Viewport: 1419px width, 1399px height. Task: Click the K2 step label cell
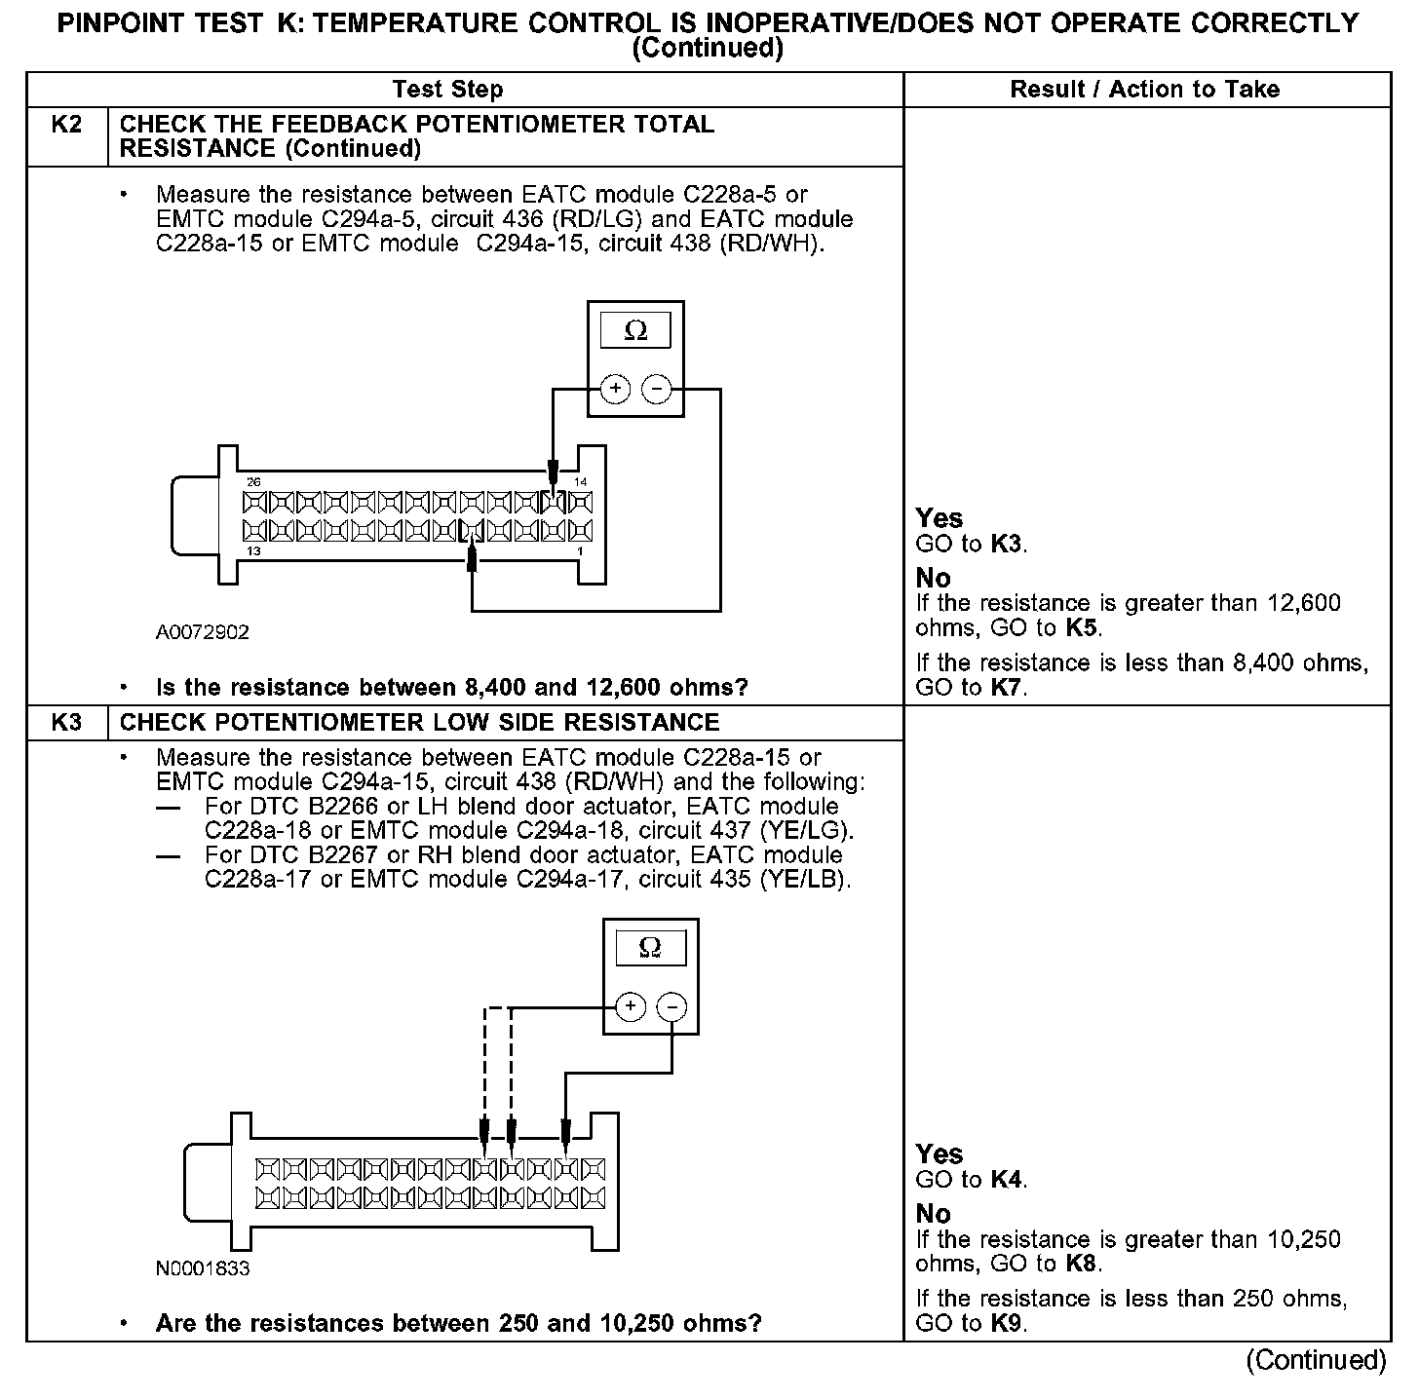pos(66,126)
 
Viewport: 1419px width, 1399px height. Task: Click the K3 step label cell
pos(66,723)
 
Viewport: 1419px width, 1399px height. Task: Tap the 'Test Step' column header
pos(447,90)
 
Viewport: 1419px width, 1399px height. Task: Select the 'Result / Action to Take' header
pos(1144,90)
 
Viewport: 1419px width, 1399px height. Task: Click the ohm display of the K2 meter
pos(635,331)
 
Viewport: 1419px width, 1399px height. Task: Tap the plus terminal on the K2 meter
pos(615,390)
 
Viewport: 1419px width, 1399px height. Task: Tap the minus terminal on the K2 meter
pos(657,390)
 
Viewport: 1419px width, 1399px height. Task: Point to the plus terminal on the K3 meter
pos(631,1006)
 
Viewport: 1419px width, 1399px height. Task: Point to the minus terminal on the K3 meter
pos(672,1006)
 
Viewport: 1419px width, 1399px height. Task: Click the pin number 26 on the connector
pos(253,482)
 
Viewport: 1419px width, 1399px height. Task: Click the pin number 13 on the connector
pos(253,551)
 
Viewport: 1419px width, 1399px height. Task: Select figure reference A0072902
pos(203,632)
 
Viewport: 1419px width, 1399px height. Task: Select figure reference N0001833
pos(203,1268)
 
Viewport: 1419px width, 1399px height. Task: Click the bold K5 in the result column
pos(1082,628)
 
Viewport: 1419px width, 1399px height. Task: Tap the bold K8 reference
pos(1081,1265)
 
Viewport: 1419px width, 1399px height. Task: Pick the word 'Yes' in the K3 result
pos(940,1154)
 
